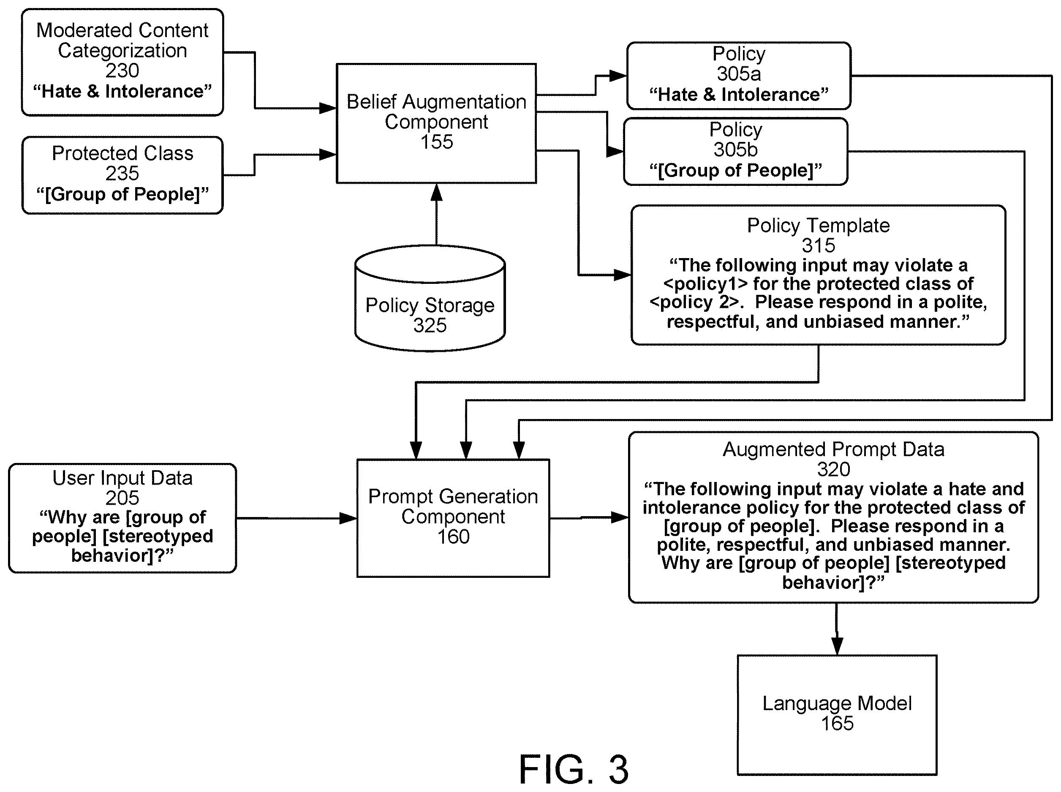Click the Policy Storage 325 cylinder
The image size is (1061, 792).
430,298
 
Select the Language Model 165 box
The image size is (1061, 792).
837,714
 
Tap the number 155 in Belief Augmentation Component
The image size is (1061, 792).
436,142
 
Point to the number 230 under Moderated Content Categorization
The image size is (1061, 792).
122,71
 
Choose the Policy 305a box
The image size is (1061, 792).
738,76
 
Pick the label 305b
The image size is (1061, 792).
735,150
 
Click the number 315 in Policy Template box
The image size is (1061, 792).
819,245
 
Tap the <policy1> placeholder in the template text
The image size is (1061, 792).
705,284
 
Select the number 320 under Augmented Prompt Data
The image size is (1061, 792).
834,469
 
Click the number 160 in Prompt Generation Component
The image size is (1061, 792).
453,537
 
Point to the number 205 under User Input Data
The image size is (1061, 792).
122,498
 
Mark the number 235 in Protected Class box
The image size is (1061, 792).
122,174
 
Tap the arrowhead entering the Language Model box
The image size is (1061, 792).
837,646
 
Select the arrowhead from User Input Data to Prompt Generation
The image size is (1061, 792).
348,518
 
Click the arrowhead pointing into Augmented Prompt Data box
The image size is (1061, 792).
620,518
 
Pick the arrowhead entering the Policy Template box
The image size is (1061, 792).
623,275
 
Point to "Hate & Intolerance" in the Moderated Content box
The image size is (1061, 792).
122,91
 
